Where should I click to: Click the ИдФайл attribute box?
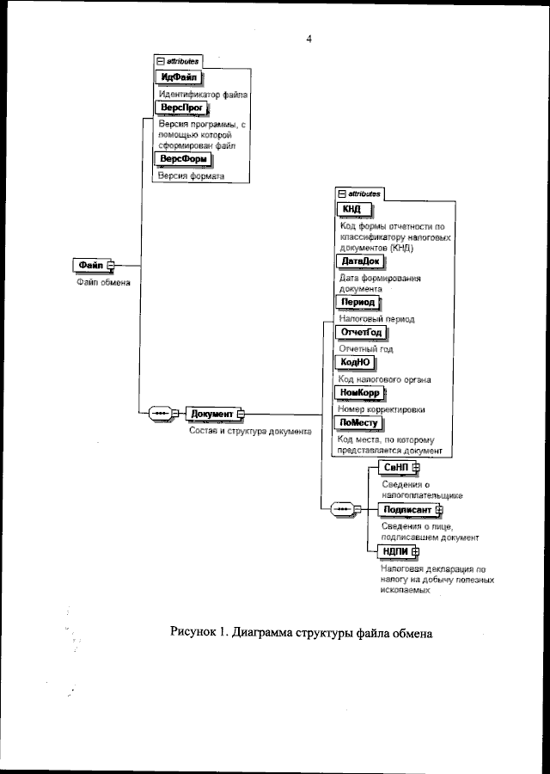(179, 77)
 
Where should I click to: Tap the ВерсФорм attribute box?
(182, 159)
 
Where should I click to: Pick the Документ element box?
(211, 414)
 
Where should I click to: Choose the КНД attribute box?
(352, 209)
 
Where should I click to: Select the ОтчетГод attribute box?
(361, 333)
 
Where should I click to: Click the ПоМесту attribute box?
(360, 423)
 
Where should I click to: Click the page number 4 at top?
(308, 37)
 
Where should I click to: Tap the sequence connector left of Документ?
(161, 414)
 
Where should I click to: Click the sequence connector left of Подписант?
(344, 509)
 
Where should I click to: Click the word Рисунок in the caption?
(194, 633)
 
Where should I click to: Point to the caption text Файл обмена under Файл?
(98, 285)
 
